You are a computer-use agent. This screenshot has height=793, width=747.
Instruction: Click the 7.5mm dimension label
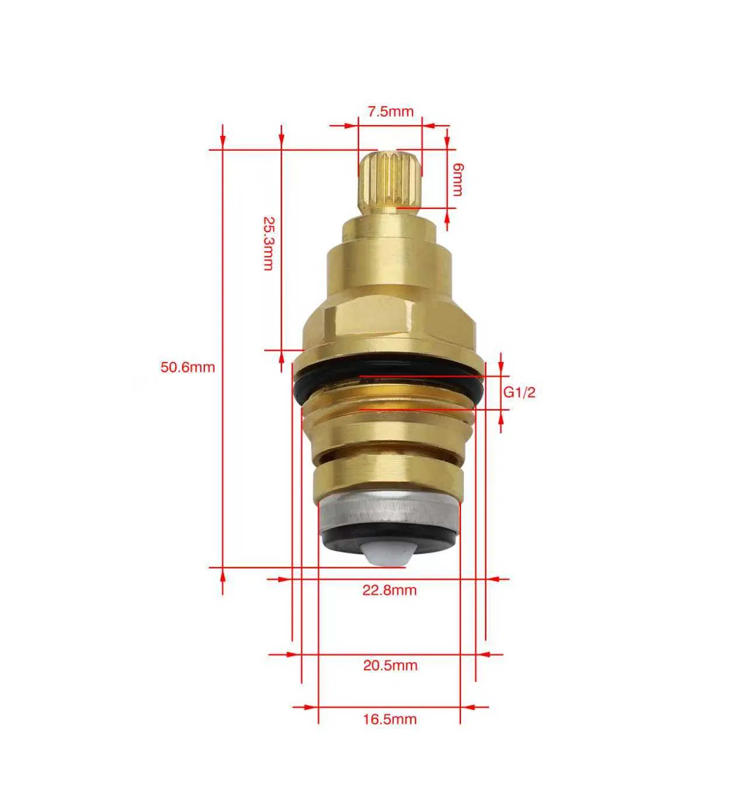390,112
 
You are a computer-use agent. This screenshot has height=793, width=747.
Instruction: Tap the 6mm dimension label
457,179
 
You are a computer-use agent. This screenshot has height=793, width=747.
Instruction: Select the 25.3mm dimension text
268,243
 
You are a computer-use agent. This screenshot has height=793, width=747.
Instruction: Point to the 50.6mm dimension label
188,367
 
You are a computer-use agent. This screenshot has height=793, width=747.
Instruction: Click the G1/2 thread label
519,392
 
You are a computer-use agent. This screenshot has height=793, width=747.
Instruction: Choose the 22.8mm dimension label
389,590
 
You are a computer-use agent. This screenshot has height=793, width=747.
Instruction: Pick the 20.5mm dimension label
390,665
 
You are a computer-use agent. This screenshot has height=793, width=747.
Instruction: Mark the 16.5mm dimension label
390,719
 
